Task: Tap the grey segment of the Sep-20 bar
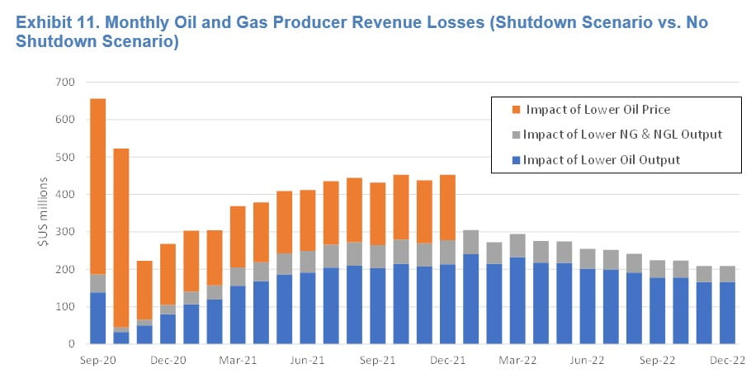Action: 97,283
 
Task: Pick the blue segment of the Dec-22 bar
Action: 727,313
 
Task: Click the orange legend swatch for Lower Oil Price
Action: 516,110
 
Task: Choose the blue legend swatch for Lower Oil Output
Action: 516,160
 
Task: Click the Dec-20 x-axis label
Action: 167,361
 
